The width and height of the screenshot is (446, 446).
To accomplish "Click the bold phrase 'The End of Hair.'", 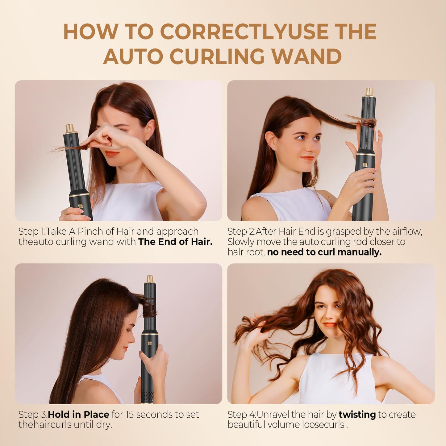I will [175, 242].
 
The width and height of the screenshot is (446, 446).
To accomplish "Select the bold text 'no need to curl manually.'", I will [324, 252].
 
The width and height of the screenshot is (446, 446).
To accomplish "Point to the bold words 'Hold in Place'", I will [78, 414].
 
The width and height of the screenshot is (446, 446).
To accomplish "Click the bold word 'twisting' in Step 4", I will [357, 414].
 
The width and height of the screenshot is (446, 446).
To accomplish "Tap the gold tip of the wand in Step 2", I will [369, 92].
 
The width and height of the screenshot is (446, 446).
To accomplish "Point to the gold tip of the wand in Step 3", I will [150, 279].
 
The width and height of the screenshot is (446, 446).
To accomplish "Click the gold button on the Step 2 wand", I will [365, 165].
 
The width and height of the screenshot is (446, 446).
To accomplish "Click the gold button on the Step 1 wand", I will [80, 206].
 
